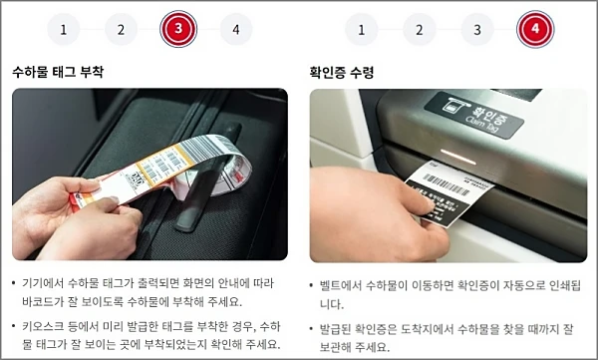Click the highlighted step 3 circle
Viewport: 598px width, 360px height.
coord(177,29)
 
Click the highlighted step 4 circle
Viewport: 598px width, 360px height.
coord(534,29)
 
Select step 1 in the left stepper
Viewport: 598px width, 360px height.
coord(63,29)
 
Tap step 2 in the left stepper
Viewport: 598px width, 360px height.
coord(121,29)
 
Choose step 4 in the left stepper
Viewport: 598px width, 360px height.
coord(235,29)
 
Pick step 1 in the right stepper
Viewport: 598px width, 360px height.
coord(361,29)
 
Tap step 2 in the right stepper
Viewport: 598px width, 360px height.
coord(419,29)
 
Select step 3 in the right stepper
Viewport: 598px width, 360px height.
coord(476,29)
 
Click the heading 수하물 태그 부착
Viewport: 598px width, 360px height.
coord(58,73)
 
